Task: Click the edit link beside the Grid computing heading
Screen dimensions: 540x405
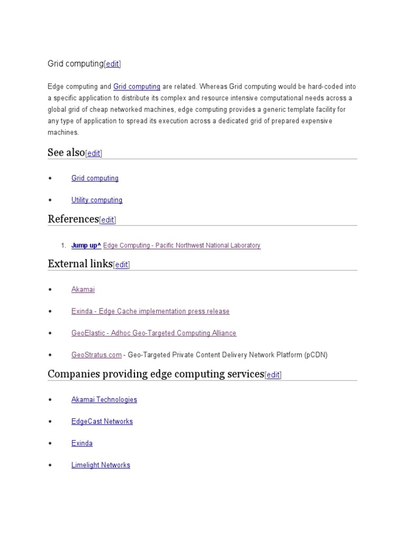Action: pos(112,64)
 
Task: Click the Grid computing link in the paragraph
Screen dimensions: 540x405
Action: pos(137,86)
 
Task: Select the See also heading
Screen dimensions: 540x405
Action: pos(66,153)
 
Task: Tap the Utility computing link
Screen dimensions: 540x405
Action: pos(97,200)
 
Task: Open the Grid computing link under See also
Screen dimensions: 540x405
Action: pos(95,178)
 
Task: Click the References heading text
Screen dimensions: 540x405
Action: pos(73,219)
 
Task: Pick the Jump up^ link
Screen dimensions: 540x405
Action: pos(86,246)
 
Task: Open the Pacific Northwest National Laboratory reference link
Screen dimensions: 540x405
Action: pos(182,246)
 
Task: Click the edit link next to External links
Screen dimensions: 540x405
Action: pos(121,265)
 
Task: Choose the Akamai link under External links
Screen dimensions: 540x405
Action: pos(83,290)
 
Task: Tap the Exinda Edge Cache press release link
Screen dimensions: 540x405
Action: pos(150,312)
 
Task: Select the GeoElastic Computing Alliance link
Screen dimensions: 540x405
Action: pos(153,333)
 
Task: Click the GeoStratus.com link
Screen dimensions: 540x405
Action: pos(97,355)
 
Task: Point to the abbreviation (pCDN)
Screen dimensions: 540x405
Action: pos(316,355)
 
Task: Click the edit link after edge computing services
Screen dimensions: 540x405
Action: pos(273,375)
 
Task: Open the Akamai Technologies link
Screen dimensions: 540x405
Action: pos(104,400)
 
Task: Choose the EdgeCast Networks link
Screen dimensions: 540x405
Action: pos(102,422)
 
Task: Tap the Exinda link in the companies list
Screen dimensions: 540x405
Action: pos(82,443)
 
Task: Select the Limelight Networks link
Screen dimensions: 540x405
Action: pos(101,465)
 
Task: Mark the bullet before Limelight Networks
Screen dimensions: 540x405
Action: pos(50,465)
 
